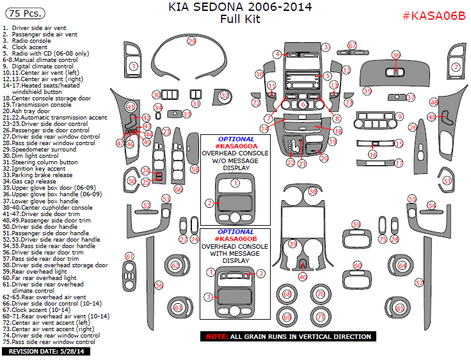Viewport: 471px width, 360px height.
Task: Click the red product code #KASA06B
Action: (x=433, y=16)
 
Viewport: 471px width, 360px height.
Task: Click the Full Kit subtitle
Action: (x=240, y=19)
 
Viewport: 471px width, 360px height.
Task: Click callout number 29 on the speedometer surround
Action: (x=191, y=42)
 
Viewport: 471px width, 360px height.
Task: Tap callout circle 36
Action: (x=396, y=55)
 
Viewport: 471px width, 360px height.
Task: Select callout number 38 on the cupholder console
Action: (x=313, y=191)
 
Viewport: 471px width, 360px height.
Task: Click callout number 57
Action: (x=420, y=282)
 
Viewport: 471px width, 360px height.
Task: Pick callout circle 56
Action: (x=159, y=285)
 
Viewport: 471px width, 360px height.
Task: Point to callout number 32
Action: (x=225, y=96)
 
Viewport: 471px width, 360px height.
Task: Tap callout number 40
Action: (x=303, y=277)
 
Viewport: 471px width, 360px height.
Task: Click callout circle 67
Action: (x=352, y=45)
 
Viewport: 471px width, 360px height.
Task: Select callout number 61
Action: (x=130, y=256)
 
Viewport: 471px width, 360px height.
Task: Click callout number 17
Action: (x=399, y=164)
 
